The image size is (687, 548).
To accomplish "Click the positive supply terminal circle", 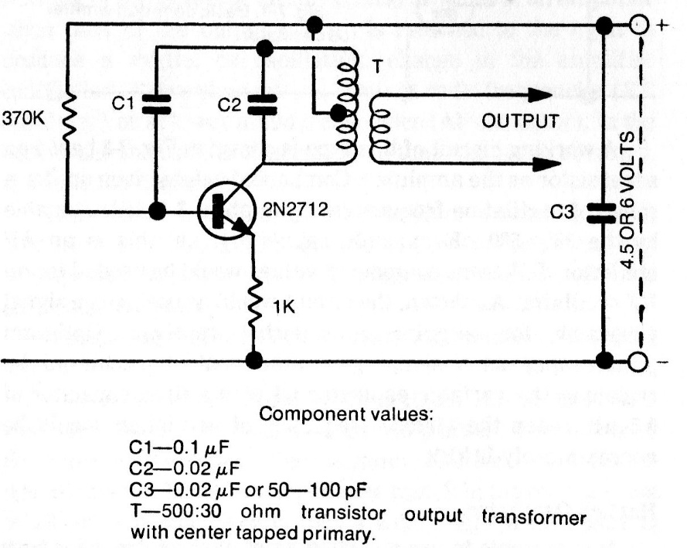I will tap(638, 24).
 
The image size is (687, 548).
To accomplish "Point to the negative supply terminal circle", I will tap(638, 361).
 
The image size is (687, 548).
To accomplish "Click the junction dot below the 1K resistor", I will tap(253, 360).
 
